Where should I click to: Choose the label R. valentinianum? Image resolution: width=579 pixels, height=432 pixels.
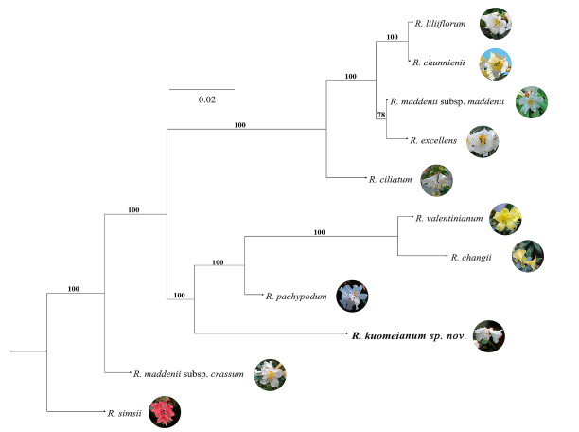coord(449,218)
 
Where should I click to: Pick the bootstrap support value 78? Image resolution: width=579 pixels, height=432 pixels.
coord(381,114)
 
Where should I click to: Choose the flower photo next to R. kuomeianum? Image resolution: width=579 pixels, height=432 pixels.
coord(489,333)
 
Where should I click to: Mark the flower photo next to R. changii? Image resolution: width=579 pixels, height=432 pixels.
coord(526,255)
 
